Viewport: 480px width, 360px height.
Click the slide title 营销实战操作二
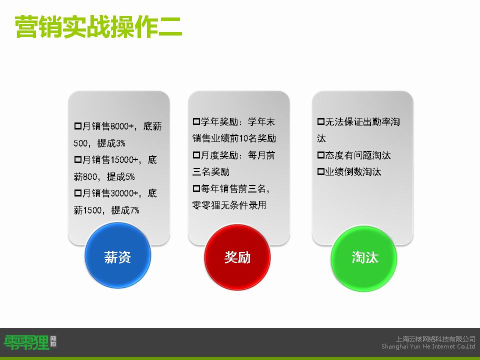click(x=98, y=27)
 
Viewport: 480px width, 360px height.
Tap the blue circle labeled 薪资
click(x=117, y=255)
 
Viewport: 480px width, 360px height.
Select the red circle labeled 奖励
click(x=237, y=257)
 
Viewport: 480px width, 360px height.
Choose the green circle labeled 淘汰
click(x=364, y=258)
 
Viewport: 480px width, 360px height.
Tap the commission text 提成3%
click(x=111, y=143)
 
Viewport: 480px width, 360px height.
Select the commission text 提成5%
click(x=121, y=176)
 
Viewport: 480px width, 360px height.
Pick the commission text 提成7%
click(x=125, y=210)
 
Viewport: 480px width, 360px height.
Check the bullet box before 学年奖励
click(x=196, y=122)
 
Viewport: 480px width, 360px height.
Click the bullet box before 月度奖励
click(x=196, y=155)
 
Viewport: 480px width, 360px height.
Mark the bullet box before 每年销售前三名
click(x=196, y=188)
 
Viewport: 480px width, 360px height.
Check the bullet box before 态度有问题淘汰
click(x=321, y=155)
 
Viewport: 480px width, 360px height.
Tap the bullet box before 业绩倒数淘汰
click(x=321, y=171)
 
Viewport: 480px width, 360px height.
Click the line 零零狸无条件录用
click(x=229, y=205)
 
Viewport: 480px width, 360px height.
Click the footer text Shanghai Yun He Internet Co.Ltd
click(x=428, y=346)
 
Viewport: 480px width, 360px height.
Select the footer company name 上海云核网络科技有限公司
click(x=435, y=339)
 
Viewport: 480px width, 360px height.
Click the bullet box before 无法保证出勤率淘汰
click(x=321, y=122)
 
